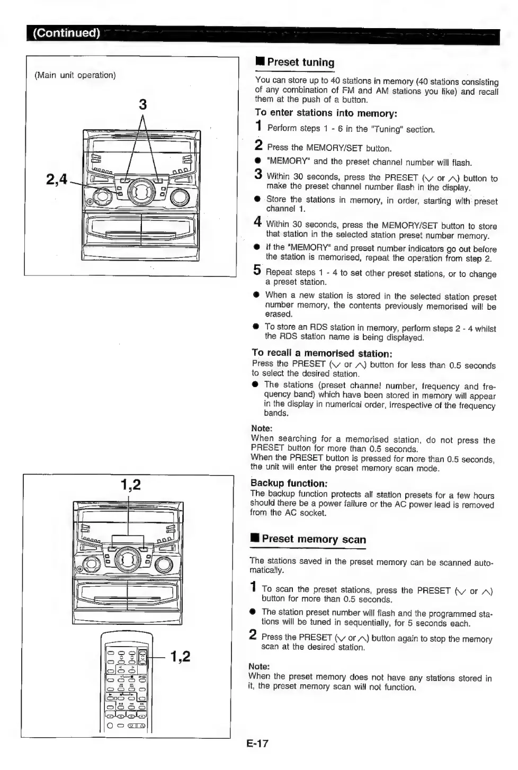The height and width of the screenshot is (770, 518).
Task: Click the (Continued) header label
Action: pos(66,33)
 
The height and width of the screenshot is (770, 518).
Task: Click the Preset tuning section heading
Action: pos(300,62)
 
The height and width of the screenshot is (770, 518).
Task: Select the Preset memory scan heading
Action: pos(314,539)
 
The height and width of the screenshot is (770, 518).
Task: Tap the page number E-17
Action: pos(257,743)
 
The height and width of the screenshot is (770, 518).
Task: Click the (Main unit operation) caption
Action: pos(75,75)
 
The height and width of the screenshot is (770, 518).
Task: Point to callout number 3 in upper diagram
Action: pos(142,104)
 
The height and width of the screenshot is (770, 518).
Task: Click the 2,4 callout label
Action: pos(57,180)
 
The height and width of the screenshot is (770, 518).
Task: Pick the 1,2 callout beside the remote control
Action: pos(180,657)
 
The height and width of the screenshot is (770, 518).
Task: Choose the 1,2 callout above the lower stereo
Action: pos(130,485)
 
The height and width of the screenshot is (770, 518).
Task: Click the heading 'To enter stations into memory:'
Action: pos(326,113)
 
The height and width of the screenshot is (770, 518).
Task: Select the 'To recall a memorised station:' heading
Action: pos(321,353)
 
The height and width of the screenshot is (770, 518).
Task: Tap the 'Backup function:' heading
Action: pos(289,483)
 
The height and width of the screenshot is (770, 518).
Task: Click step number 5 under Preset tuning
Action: pos(257,271)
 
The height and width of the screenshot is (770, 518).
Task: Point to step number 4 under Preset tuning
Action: pos(257,222)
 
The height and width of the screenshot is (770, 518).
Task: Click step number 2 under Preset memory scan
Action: pos(253,634)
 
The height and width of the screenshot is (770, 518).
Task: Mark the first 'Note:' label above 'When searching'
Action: pos(262,428)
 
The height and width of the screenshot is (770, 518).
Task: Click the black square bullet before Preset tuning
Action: pos(260,62)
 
